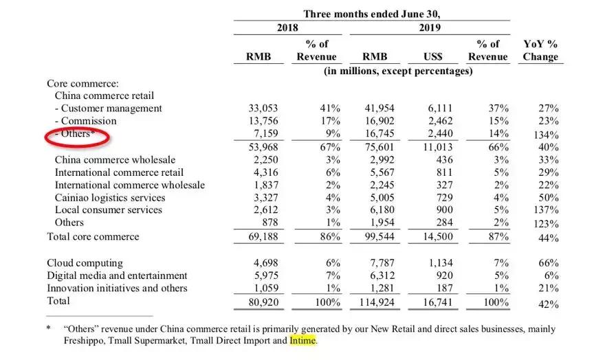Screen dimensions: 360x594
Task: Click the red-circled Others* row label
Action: click(x=75, y=134)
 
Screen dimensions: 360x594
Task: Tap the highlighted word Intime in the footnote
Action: click(x=303, y=339)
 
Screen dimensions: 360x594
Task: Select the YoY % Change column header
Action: click(x=540, y=50)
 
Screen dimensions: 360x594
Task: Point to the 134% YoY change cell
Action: click(x=545, y=135)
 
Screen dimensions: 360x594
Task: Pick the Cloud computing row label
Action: click(x=85, y=263)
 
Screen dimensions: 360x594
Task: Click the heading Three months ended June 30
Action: click(x=372, y=14)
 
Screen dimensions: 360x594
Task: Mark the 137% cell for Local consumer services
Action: click(x=545, y=211)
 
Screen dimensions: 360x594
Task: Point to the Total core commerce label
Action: click(x=93, y=236)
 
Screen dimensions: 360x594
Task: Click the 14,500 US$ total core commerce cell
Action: click(x=434, y=237)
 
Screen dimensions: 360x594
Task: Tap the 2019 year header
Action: click(x=429, y=28)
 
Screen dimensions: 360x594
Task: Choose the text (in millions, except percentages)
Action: click(x=398, y=71)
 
